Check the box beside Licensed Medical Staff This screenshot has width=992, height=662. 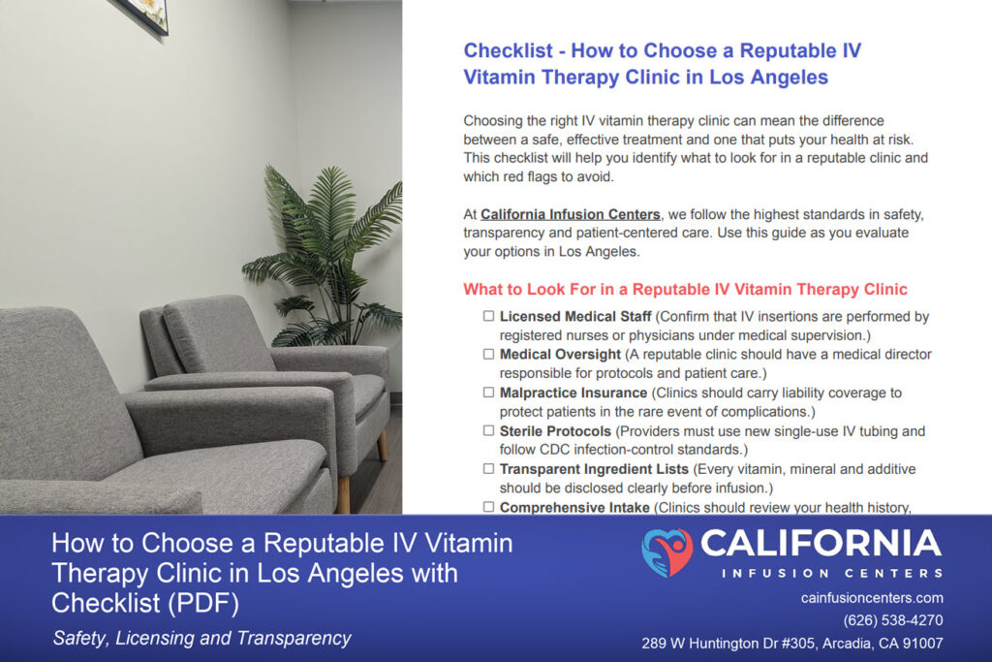pos(488,316)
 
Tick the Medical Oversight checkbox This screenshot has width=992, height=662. pos(488,355)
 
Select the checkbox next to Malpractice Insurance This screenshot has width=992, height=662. pos(488,393)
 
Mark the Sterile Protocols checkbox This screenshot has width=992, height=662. pos(488,430)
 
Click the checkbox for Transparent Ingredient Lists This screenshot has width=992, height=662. pos(488,469)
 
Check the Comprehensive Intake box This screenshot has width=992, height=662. pos(488,507)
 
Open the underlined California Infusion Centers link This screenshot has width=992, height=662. pos(570,214)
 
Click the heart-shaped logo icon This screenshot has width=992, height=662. pos(666,552)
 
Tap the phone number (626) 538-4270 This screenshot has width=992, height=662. pos(892,620)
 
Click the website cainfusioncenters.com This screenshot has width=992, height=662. pos(872,598)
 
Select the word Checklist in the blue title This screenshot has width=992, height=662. pos(508,50)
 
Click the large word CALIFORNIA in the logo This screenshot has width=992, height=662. pos(821,544)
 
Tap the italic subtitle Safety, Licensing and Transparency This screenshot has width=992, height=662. pos(201,638)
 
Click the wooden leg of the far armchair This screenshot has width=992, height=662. pos(382,445)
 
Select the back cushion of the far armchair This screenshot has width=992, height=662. pos(217,336)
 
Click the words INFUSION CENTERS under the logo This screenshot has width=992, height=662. pos(832,574)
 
